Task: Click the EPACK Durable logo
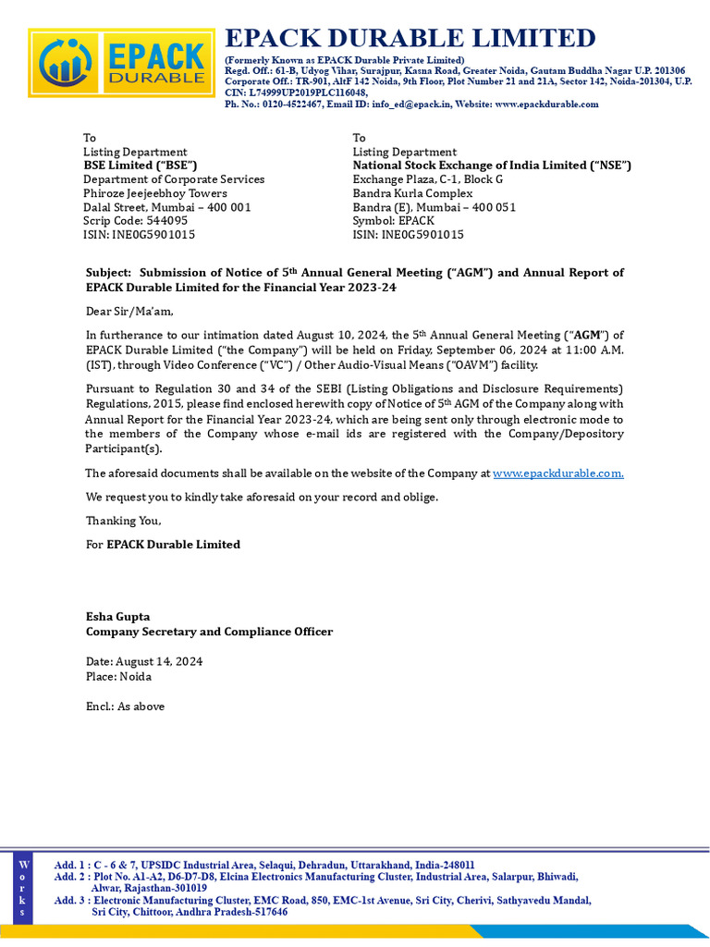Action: coord(121,64)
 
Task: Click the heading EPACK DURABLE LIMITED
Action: coord(410,38)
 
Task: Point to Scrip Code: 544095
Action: coord(135,221)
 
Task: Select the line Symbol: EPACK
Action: coord(393,221)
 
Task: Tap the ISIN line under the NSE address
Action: coord(408,235)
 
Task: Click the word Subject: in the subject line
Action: coord(110,273)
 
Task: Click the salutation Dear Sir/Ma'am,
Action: coord(129,312)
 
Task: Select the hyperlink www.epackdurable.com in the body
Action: coord(557,473)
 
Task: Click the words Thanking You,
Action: coord(123,521)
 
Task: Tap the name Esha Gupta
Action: coord(117,617)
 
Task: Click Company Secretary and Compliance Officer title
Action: coord(209,632)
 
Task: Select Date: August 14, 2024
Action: coord(144,662)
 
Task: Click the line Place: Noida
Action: coord(119,676)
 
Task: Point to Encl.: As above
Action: coord(125,707)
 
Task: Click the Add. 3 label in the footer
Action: coord(70,900)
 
